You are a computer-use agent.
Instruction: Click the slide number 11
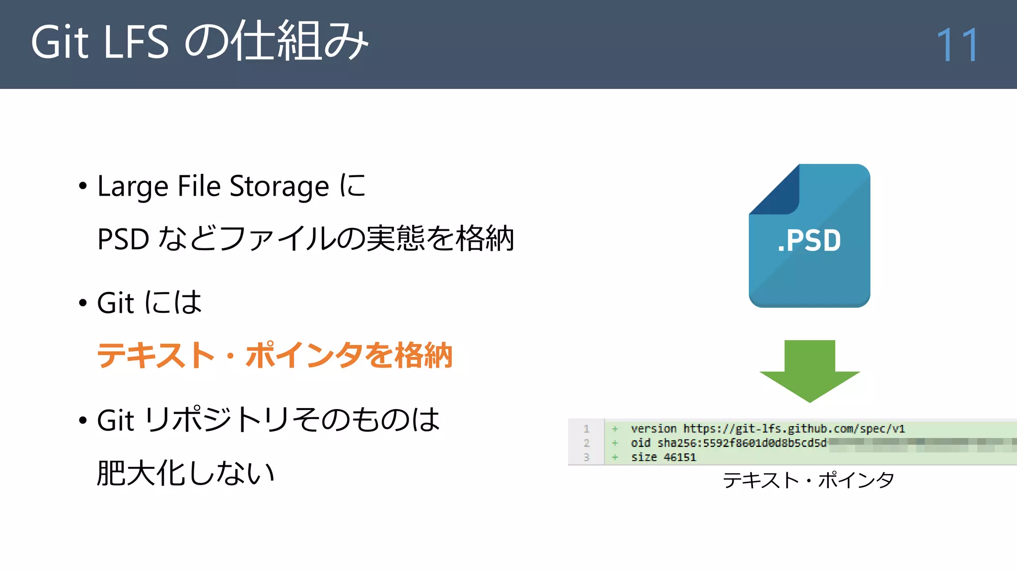tap(957, 45)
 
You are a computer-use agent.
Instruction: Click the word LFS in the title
tap(136, 43)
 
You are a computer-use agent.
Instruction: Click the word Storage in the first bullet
tap(279, 187)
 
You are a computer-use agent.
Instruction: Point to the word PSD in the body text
tap(123, 239)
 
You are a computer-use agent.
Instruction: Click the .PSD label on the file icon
tap(809, 241)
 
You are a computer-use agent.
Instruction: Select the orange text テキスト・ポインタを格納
tap(274, 356)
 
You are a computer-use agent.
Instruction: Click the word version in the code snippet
tap(654, 429)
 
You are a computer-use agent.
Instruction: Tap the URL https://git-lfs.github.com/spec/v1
tap(794, 429)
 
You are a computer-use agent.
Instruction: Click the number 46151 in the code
tap(680, 457)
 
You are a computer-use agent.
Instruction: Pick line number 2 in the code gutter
tap(586, 443)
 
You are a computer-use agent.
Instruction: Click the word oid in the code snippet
tap(641, 443)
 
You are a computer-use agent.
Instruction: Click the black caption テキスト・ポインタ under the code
tap(808, 480)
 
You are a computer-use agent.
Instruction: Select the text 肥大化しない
tap(186, 473)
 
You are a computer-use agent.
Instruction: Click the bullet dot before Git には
tap(82, 303)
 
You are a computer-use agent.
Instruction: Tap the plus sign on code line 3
tap(615, 457)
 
